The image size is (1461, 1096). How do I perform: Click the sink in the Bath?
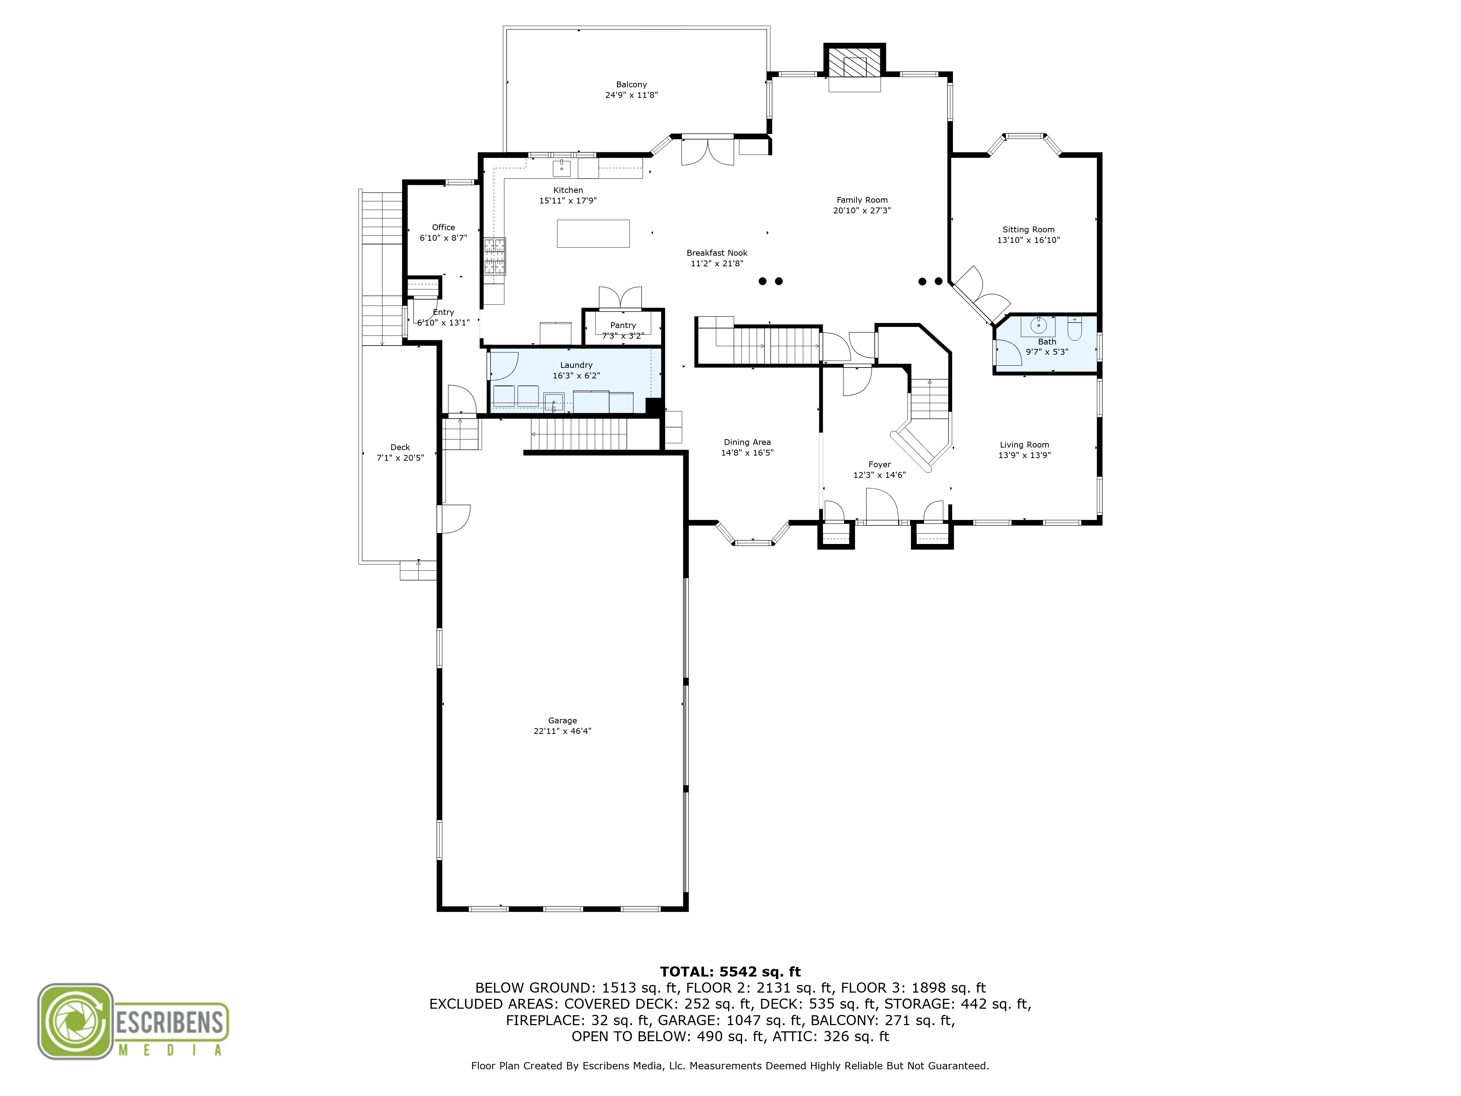tap(1038, 326)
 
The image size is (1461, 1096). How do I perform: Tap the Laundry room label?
tap(576, 365)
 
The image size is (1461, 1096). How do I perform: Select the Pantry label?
tap(623, 325)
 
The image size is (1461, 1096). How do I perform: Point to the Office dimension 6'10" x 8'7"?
tap(443, 238)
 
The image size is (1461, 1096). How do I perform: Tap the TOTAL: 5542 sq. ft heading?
tap(730, 972)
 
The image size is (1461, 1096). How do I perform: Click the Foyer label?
tap(879, 464)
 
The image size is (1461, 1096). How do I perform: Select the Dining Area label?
tap(747, 442)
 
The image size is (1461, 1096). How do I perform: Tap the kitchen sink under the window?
tap(561, 168)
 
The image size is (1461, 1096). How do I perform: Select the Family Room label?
tap(862, 199)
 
